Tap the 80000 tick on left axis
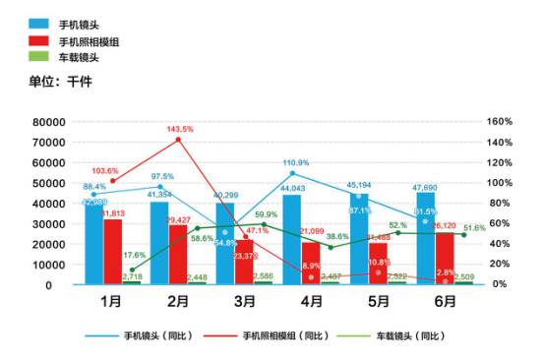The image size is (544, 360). (x=48, y=122)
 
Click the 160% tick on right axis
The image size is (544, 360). (x=500, y=122)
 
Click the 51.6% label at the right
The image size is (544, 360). (x=474, y=227)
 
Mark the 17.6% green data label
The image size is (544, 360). (x=135, y=256)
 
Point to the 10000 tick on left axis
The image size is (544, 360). (x=48, y=265)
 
